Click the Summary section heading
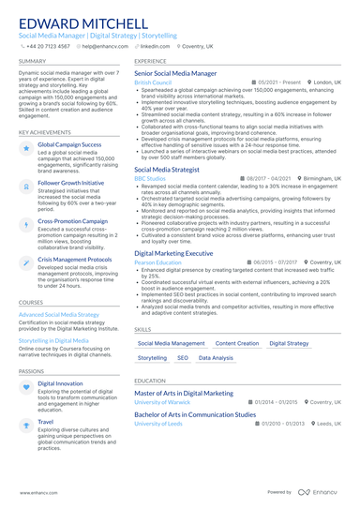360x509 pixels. coord(32,60)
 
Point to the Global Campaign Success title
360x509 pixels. coord(69,146)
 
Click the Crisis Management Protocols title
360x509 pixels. coord(78,258)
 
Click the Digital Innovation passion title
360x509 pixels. coord(60,383)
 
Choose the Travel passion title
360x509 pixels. coord(45,422)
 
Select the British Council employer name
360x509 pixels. coord(153,82)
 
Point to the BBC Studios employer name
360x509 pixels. coord(149,178)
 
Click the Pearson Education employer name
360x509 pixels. coord(157,263)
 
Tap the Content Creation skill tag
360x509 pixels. coord(237,344)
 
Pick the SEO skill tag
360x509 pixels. coord(183,358)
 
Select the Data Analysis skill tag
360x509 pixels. coord(217,358)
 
